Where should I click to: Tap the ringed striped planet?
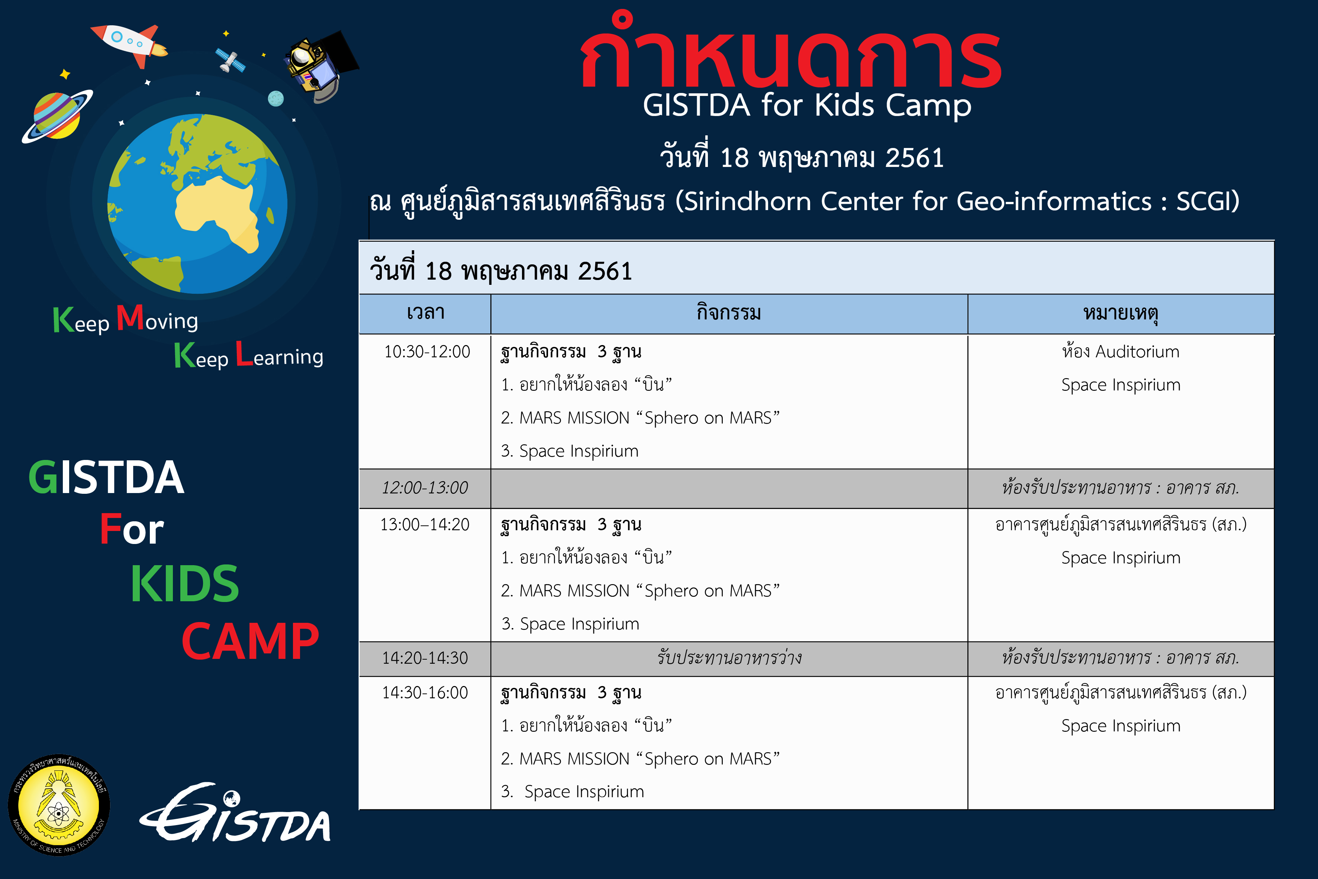pos(57,116)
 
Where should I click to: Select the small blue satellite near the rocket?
pos(230,60)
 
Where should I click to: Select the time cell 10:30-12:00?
pos(427,351)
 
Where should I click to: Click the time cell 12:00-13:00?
pos(425,488)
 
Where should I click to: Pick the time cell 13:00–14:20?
pos(425,525)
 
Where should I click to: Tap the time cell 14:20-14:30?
pos(425,657)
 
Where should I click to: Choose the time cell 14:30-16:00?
pos(425,693)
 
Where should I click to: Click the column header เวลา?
pos(426,312)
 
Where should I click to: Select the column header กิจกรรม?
pos(728,312)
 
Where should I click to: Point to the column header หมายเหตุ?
pos(1121,313)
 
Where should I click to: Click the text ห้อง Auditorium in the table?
pos(1121,351)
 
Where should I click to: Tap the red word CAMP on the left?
pos(251,641)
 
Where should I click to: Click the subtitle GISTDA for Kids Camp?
pos(807,105)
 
